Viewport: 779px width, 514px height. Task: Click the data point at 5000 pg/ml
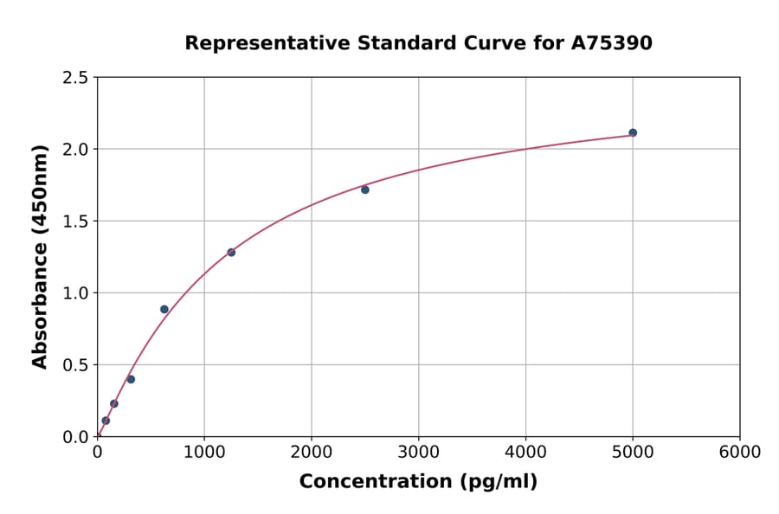coord(633,132)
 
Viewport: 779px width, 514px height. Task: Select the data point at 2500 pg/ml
coord(365,190)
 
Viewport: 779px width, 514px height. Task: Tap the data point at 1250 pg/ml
coord(231,253)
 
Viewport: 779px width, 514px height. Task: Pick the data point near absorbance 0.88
coord(164,309)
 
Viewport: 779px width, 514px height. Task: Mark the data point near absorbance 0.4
coord(131,379)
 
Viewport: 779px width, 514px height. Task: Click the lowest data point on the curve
coord(106,421)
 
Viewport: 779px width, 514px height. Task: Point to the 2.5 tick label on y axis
coord(76,78)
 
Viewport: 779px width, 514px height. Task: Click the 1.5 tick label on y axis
coord(76,222)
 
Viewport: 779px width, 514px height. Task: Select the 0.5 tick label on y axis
coord(76,365)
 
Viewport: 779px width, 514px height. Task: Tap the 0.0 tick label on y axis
coord(76,437)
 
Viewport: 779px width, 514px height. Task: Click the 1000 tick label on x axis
coord(204,453)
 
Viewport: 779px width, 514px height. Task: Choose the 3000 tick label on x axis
coord(419,453)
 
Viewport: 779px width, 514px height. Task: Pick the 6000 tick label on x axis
coord(740,453)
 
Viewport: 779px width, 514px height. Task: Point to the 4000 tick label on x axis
coord(526,453)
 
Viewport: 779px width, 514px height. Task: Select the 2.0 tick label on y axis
coord(76,150)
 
